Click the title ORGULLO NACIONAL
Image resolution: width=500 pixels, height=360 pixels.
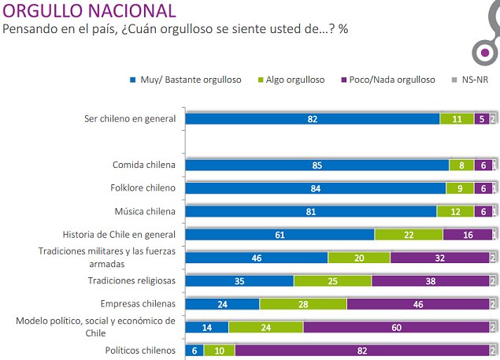(x=90, y=11)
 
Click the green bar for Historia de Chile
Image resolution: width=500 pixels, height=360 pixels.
(x=408, y=234)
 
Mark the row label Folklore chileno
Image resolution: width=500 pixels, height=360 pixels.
(x=143, y=188)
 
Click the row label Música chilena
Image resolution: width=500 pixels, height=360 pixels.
(x=146, y=211)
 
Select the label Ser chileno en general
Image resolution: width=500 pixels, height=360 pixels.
(x=130, y=119)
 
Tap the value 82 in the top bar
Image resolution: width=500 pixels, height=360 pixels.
(x=313, y=119)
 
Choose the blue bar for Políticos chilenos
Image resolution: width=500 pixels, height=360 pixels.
(x=194, y=350)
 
